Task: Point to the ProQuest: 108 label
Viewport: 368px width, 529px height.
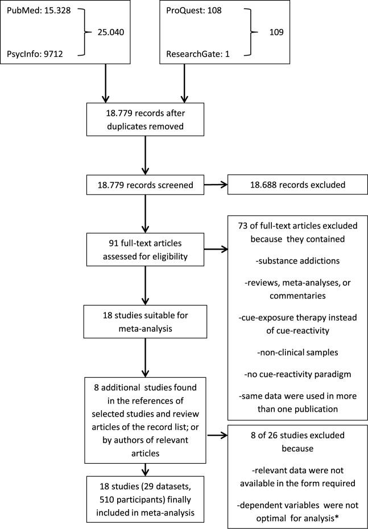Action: pyautogui.click(x=194, y=11)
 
